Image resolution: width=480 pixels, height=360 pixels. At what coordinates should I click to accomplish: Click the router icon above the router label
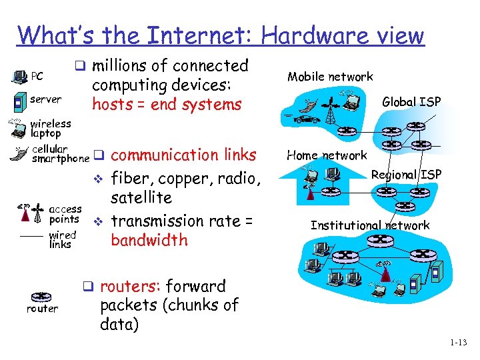pos(41,297)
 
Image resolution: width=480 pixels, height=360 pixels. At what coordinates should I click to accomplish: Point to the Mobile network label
pos(330,77)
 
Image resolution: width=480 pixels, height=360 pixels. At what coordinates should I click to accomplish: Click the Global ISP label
pos(411,102)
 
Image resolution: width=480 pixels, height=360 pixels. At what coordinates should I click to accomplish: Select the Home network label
pos(327,155)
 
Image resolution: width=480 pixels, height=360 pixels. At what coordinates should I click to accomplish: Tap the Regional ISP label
pos(406,175)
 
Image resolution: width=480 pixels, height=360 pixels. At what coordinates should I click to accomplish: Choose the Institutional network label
pos(370,225)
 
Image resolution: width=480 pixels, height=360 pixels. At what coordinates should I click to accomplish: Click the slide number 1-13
pos(458,343)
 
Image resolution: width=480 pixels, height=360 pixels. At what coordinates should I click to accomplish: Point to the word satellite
pos(141,198)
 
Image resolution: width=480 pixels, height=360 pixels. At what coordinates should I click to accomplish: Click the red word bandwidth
pos(149,240)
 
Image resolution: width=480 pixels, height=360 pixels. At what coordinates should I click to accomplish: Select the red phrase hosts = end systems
pos(167,105)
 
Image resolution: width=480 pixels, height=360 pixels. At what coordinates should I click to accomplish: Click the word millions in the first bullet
pos(120,66)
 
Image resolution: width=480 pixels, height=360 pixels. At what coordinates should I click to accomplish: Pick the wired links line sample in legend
pos(32,237)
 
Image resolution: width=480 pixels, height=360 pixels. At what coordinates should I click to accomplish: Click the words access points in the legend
pos(65,214)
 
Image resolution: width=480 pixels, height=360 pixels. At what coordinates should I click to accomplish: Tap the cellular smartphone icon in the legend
pos(18,153)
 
